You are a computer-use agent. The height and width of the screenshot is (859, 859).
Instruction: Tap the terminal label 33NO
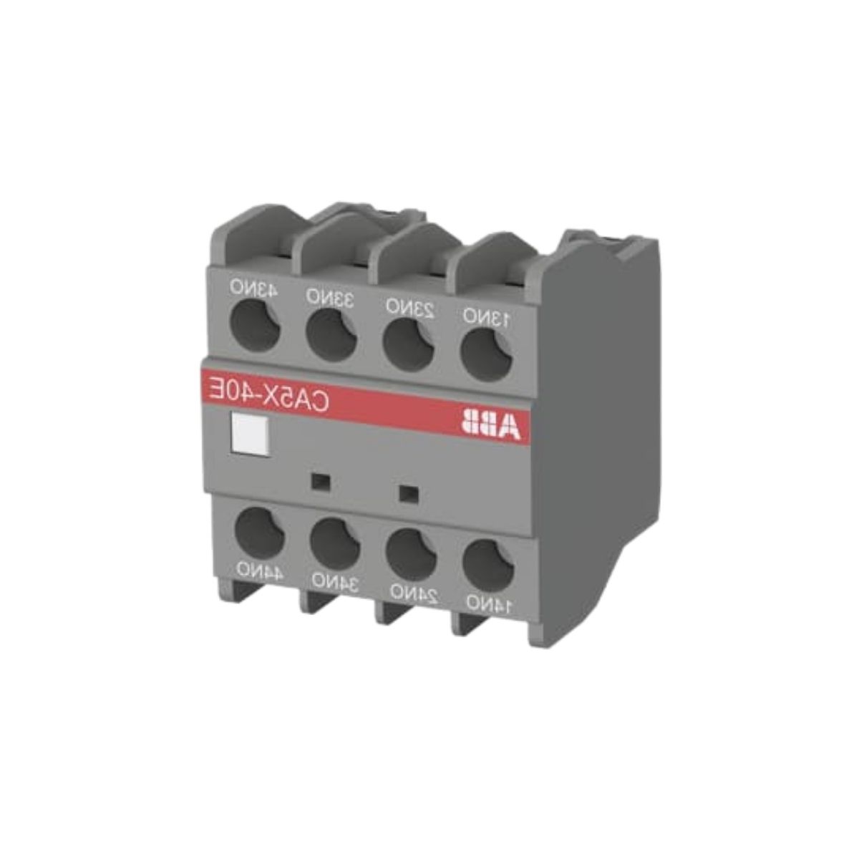(x=330, y=296)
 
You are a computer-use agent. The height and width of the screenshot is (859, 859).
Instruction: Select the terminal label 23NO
(x=410, y=307)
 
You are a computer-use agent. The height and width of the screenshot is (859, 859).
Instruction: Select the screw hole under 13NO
(x=485, y=354)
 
